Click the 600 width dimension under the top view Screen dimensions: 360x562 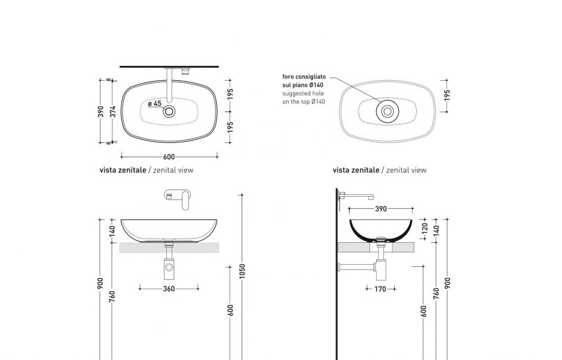pos(169,157)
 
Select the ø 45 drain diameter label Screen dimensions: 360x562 pos(155,103)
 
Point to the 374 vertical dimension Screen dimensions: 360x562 pos(112,111)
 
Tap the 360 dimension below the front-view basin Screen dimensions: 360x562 pos(169,289)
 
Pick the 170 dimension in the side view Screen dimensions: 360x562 pos(380,289)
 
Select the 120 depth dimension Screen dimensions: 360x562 pos(425,228)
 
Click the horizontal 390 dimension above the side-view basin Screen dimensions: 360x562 pos(381,209)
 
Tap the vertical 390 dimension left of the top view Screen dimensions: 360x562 pos(101,111)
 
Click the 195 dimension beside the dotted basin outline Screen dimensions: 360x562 pos(447,95)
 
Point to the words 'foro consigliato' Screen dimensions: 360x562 pos(304,77)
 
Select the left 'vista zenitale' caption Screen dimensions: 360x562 pos(123,170)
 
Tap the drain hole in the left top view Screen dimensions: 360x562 pos(169,111)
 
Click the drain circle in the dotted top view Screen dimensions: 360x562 pos(387,111)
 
